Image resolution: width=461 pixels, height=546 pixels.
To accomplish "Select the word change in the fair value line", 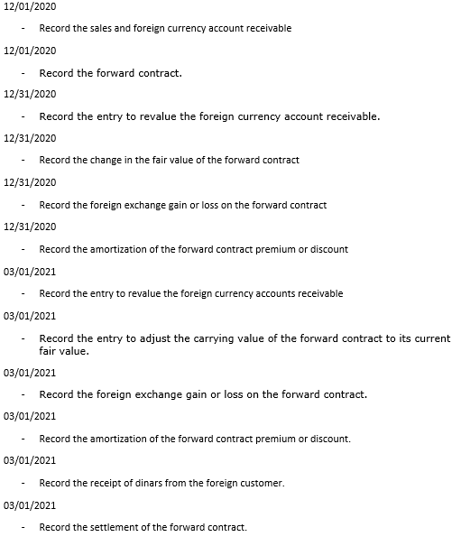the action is pos(107,160).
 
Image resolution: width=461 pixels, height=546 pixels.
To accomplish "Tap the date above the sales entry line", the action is pos(30,6).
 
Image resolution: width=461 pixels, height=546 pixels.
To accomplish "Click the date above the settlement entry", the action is pos(30,505).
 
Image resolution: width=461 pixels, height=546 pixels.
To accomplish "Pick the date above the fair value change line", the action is pos(30,138).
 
